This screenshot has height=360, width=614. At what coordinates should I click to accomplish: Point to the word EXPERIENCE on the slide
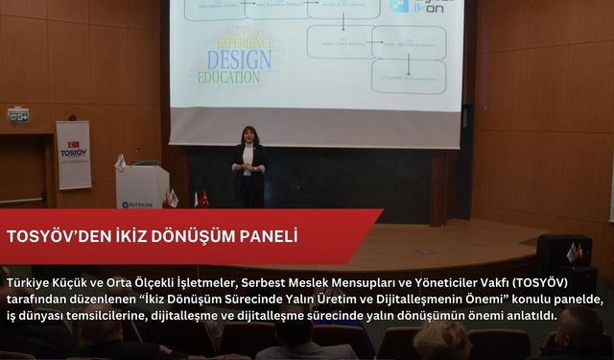236,43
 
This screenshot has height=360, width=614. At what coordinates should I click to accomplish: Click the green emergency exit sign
18,115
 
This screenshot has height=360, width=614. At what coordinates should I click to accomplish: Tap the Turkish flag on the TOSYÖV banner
74,142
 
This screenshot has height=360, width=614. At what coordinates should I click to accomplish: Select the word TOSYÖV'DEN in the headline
58,236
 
